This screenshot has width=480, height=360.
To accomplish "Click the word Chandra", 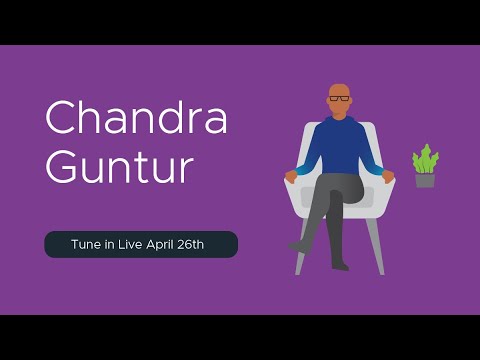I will click(x=137, y=119).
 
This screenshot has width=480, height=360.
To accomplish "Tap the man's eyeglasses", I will click(x=340, y=99).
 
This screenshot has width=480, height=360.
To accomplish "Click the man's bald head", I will click(x=340, y=90).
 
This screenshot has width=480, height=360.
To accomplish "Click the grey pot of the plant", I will click(x=425, y=180).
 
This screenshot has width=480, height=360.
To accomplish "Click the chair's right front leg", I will click(x=381, y=250).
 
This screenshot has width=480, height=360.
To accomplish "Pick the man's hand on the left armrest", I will click(x=292, y=176).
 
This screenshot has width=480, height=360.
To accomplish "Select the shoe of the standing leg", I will click(x=341, y=265).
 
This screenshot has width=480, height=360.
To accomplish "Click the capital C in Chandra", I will click(x=62, y=119).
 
